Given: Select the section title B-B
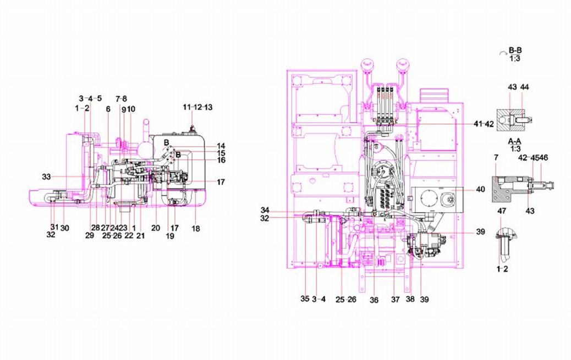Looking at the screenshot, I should (x=515, y=51).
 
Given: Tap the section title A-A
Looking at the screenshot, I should (x=515, y=141).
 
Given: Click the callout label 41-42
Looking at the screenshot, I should (x=484, y=124).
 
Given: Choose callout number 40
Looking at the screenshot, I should (x=480, y=190).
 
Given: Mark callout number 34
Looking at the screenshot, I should (x=265, y=211).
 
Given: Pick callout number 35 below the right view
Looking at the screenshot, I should (x=305, y=300).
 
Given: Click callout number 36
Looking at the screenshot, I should (x=374, y=300).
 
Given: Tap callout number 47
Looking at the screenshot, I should (x=502, y=211).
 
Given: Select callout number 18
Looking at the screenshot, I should (x=195, y=228).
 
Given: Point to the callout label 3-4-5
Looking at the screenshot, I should (x=90, y=98).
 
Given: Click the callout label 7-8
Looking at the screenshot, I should (x=121, y=98).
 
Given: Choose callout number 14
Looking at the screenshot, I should (x=221, y=146).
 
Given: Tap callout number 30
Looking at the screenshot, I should (x=64, y=228).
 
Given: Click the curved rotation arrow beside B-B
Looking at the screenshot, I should (x=502, y=52).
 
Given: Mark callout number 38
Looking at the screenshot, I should (x=410, y=300).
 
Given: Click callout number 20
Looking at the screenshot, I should (x=156, y=228).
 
